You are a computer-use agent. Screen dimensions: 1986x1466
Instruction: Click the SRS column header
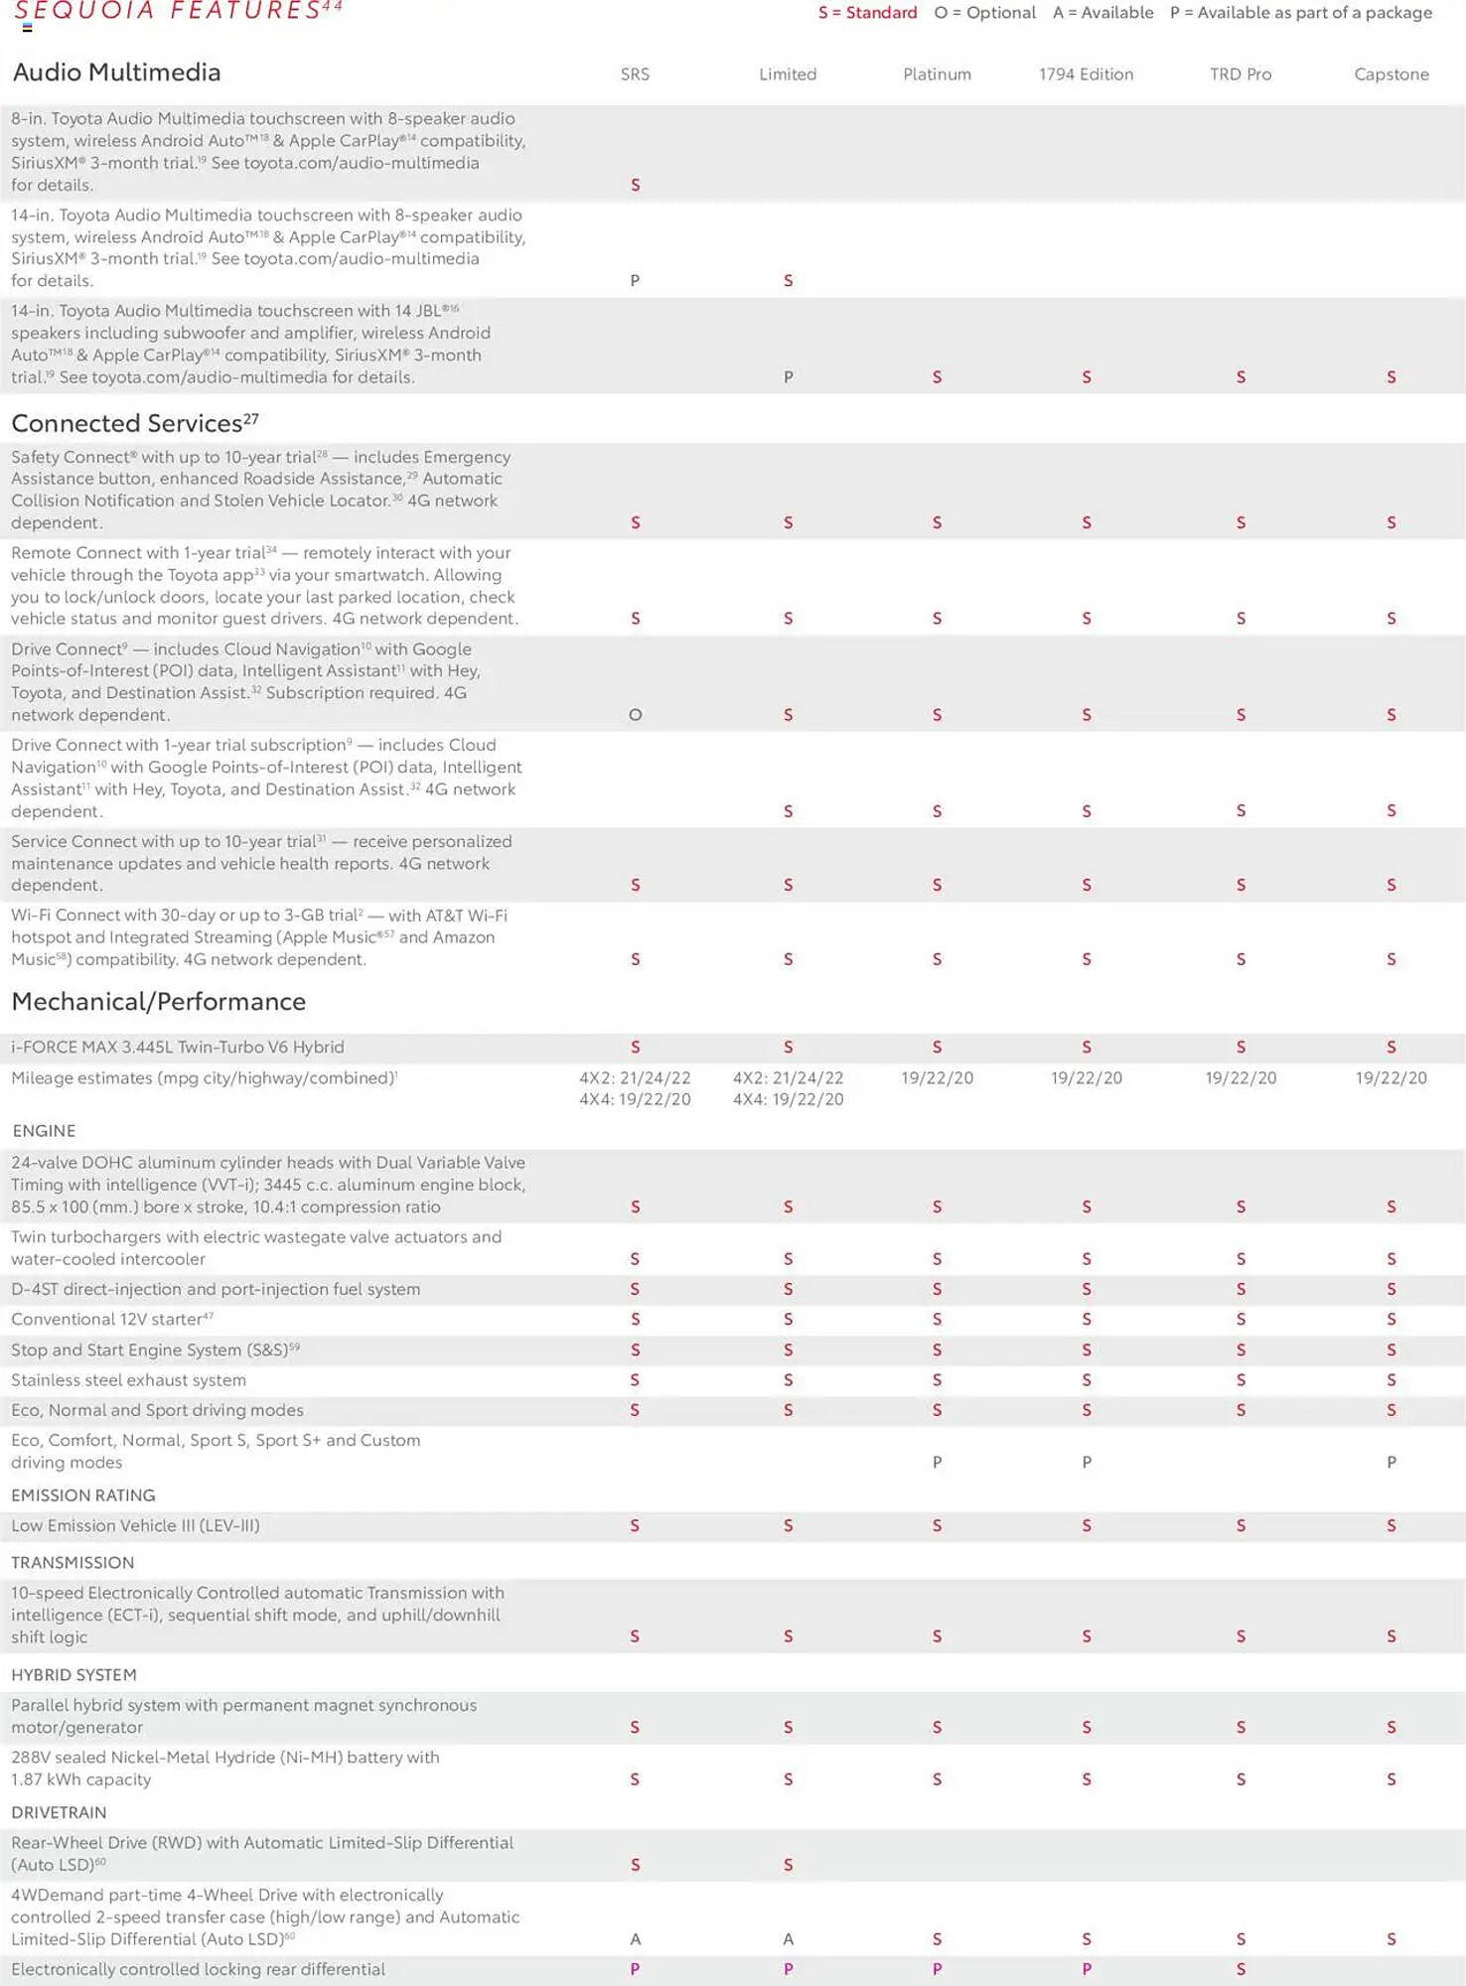[x=635, y=74]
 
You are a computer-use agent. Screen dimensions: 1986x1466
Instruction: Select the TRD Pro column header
[x=1240, y=74]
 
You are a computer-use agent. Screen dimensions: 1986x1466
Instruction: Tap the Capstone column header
[x=1391, y=74]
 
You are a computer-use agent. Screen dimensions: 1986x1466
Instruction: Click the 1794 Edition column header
[x=1086, y=74]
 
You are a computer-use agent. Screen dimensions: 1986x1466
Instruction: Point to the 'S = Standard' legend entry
[x=867, y=13]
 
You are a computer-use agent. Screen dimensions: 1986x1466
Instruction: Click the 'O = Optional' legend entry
[x=984, y=13]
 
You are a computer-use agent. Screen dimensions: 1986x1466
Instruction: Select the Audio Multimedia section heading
[x=116, y=72]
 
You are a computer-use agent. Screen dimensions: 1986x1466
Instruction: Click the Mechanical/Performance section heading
[x=158, y=1001]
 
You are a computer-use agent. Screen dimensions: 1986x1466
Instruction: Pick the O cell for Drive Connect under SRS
[x=636, y=715]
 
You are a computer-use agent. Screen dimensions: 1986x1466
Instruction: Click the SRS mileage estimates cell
[x=635, y=1088]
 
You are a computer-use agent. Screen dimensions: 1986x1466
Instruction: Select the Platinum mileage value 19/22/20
[x=937, y=1078]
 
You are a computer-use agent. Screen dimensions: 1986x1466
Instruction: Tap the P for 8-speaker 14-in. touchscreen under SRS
[x=635, y=281]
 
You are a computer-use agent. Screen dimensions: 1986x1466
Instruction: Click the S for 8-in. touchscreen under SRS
[x=636, y=185]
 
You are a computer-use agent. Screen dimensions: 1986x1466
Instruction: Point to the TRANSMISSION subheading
[x=72, y=1563]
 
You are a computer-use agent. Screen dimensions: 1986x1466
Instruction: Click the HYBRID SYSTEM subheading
[x=73, y=1675]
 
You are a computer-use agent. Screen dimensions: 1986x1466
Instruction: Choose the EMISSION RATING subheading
[x=82, y=1495]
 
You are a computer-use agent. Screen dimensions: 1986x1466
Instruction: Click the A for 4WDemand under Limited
[x=788, y=1939]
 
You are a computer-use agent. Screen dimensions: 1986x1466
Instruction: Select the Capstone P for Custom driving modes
[x=1391, y=1463]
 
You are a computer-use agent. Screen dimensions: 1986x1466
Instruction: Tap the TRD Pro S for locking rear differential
[x=1240, y=1969]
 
